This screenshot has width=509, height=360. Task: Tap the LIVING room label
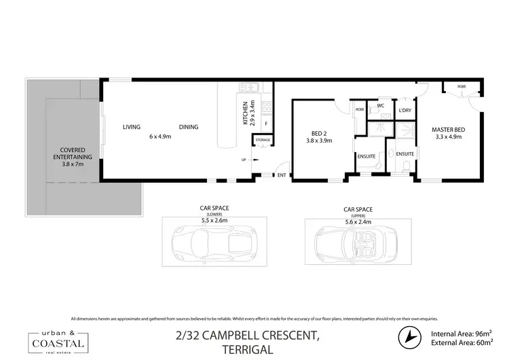131,127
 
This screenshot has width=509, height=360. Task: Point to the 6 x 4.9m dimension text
160,137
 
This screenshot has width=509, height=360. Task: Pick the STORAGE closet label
263,140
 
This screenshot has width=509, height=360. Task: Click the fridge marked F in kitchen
266,124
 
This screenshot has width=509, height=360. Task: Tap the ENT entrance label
282,176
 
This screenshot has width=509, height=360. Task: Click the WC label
381,105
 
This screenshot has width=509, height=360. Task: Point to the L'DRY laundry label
405,110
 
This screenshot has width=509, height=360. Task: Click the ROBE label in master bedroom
461,86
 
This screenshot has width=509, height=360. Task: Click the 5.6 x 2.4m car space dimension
358,221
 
